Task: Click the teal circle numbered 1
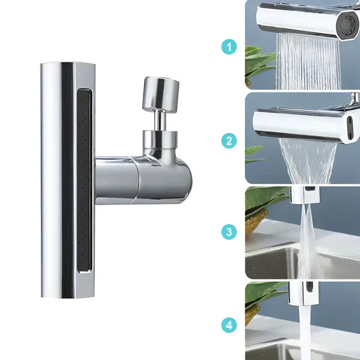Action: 229,47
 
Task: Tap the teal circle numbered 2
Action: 229,141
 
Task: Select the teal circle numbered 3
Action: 229,232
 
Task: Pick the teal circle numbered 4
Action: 229,325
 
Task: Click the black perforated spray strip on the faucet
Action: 84,180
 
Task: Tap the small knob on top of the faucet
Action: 161,94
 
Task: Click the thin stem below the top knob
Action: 160,121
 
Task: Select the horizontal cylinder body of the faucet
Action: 143,180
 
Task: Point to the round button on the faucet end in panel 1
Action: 347,25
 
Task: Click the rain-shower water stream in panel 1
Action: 308,62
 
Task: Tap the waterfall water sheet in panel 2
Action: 308,161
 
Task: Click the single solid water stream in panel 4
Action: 305,332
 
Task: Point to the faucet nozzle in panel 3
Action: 305,194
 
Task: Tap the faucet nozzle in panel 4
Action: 304,293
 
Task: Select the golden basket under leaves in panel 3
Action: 256,222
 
